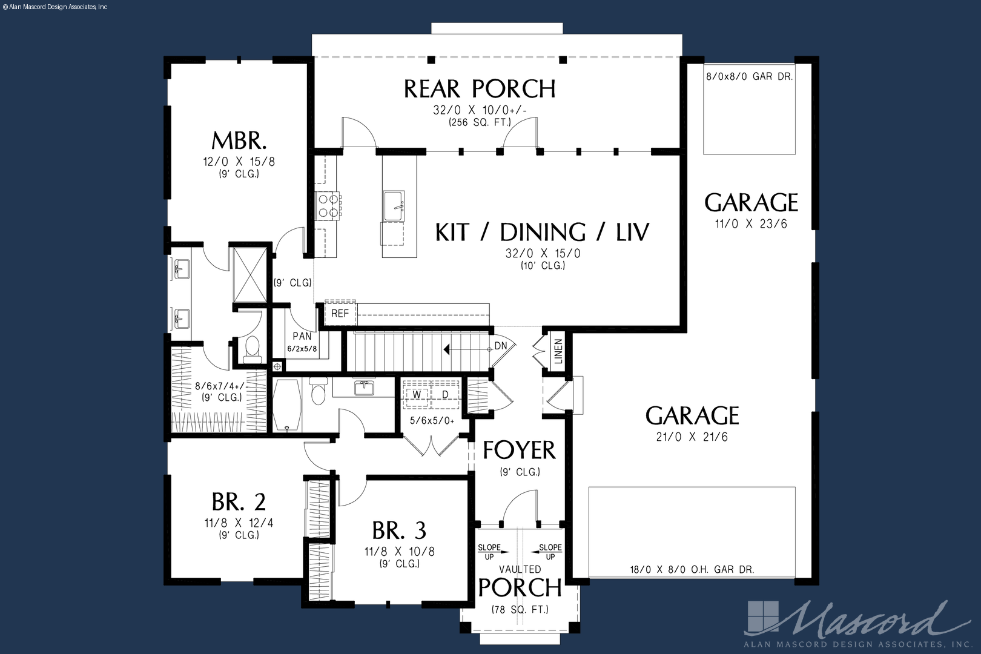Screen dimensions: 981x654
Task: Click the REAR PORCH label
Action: tap(480, 89)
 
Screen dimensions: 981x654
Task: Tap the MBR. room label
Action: tap(239, 140)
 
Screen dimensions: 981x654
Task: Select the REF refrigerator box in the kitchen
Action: tap(340, 313)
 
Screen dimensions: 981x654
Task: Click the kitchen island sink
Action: tap(394, 206)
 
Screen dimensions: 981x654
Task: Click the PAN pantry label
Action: tap(302, 336)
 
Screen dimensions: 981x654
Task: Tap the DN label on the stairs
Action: tap(501, 346)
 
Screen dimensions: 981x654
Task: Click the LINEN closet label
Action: tap(558, 351)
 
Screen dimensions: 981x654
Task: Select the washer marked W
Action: tap(417, 394)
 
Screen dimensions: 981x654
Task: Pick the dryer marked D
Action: tap(446, 394)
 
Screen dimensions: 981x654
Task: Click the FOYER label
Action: tap(520, 451)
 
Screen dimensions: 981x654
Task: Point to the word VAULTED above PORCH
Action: tap(520, 569)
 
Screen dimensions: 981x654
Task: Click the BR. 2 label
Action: tap(239, 502)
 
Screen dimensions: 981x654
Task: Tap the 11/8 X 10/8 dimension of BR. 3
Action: tap(400, 551)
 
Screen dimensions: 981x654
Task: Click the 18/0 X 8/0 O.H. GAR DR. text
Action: tap(692, 569)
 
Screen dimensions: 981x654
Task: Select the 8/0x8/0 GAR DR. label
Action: tap(749, 76)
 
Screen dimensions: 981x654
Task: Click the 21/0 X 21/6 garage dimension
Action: tap(692, 436)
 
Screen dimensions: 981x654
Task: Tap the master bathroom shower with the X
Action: tap(249, 275)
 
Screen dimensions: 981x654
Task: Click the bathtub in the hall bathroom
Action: tap(287, 405)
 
